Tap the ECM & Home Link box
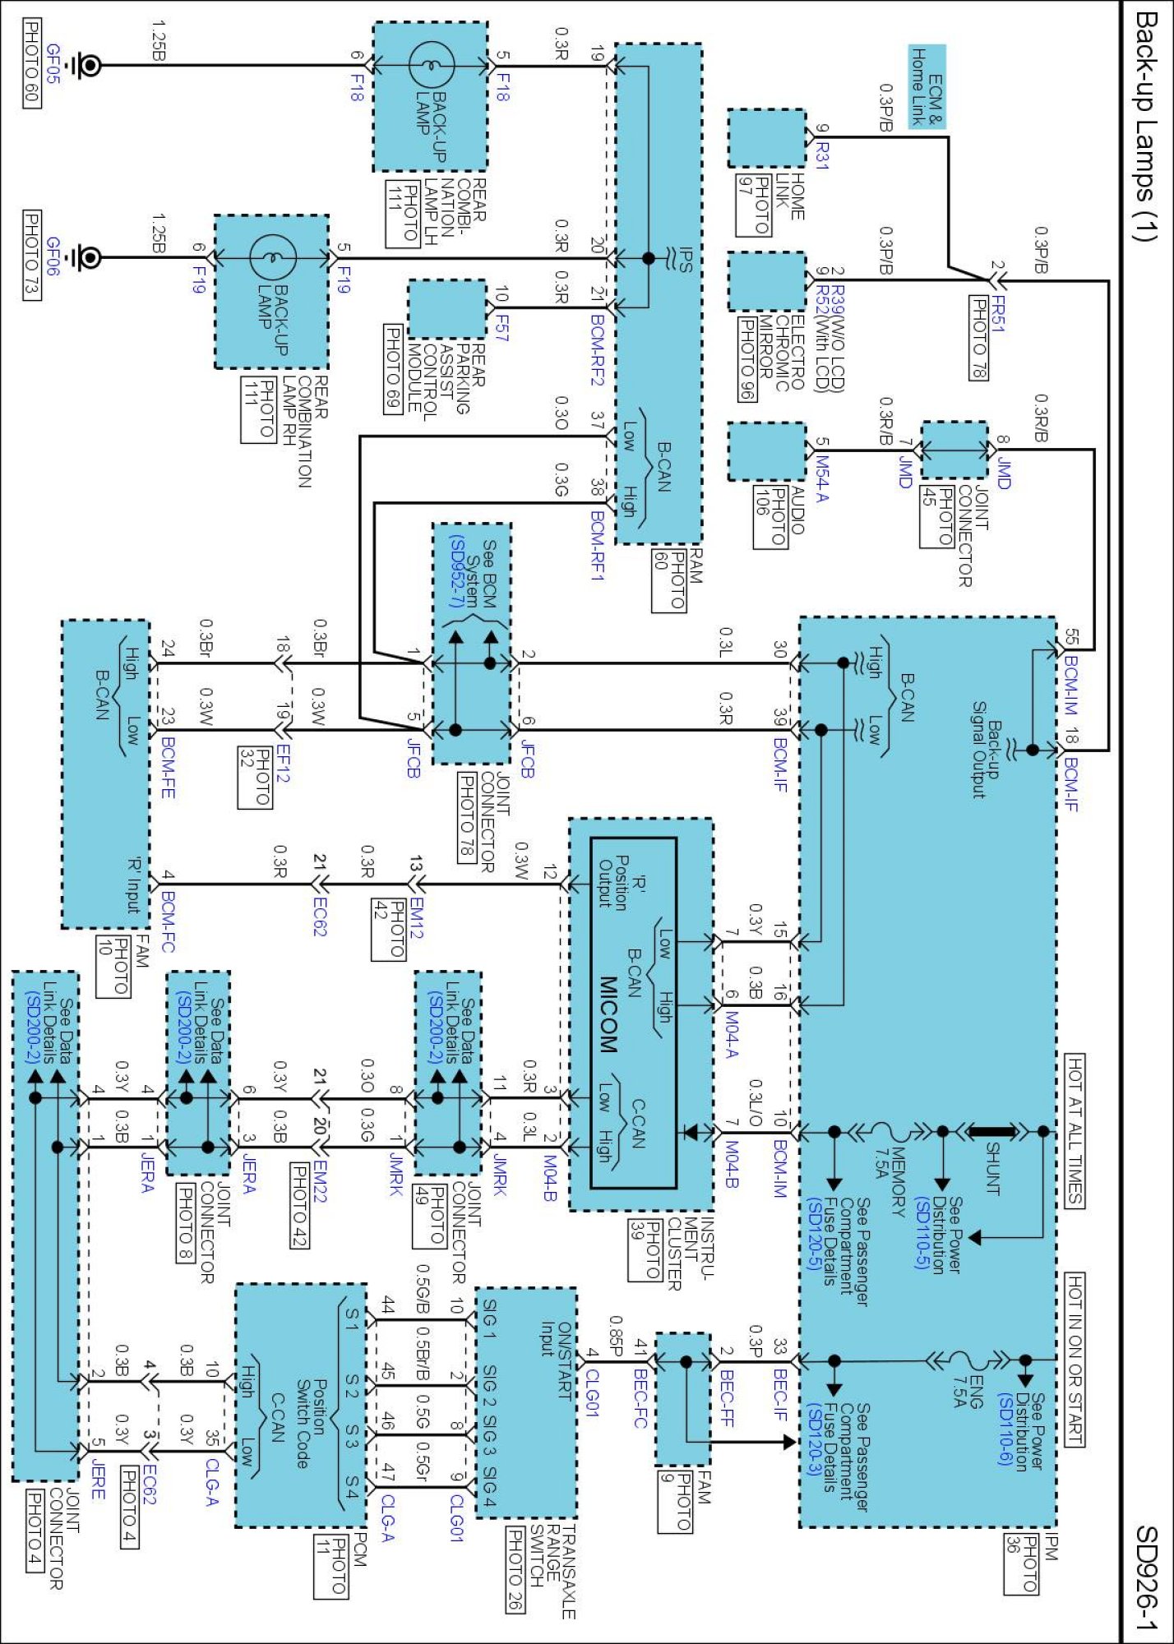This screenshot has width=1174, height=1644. coord(927,86)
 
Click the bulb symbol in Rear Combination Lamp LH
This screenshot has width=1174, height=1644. coord(431,65)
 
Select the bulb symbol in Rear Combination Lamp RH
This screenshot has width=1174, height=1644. coord(272,258)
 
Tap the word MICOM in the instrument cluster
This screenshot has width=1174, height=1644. coord(608,1014)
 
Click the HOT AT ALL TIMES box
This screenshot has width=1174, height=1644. coord(1075,1130)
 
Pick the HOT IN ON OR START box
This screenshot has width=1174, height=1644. coord(1075,1360)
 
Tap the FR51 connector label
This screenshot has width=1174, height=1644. coord(997,313)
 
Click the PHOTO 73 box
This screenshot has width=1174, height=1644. coord(31,256)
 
